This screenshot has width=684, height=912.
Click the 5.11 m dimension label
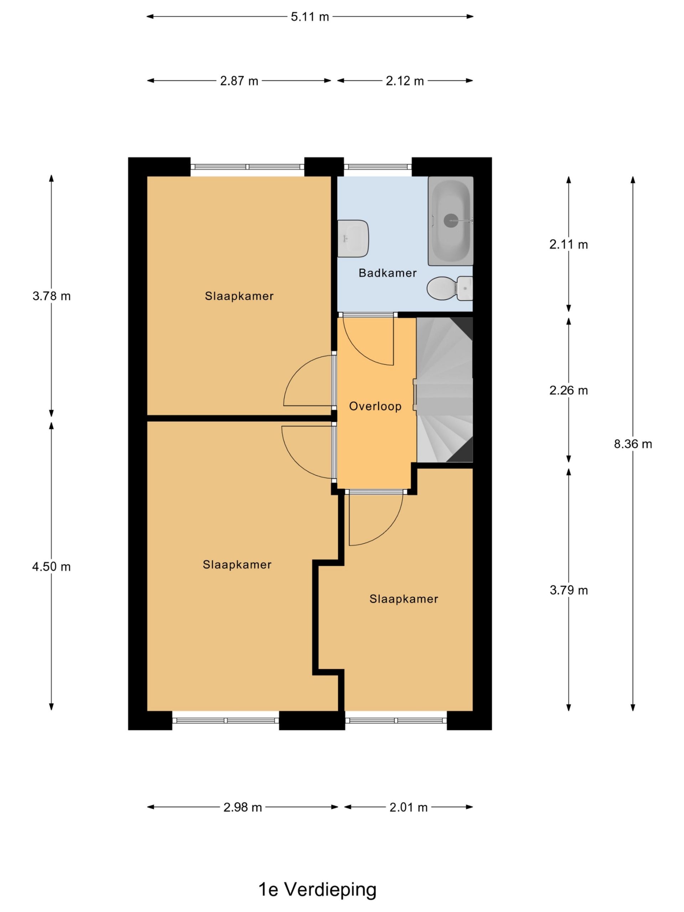point(310,17)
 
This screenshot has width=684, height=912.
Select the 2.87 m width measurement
point(239,81)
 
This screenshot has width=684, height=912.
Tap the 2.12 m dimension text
point(404,81)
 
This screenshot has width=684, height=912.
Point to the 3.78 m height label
point(52,296)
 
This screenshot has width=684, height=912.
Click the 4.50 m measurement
point(52,567)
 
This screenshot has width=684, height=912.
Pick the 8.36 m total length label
point(633,444)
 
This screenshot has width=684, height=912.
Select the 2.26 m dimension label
point(569,390)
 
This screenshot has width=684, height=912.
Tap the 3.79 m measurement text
point(569,590)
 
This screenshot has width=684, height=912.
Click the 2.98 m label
point(243,807)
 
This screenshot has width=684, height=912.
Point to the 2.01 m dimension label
point(408,807)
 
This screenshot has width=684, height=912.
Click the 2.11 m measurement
point(569,244)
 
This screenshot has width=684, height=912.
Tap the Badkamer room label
point(388,273)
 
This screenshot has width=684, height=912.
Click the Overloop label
point(375,406)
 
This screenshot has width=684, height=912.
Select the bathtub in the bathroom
point(451,221)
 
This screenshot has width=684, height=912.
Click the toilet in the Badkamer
point(449,288)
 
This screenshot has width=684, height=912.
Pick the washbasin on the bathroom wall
point(353,239)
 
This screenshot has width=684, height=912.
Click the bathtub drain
point(451,221)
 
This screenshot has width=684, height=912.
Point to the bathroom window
point(378,167)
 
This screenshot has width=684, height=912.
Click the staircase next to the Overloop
point(445,390)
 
